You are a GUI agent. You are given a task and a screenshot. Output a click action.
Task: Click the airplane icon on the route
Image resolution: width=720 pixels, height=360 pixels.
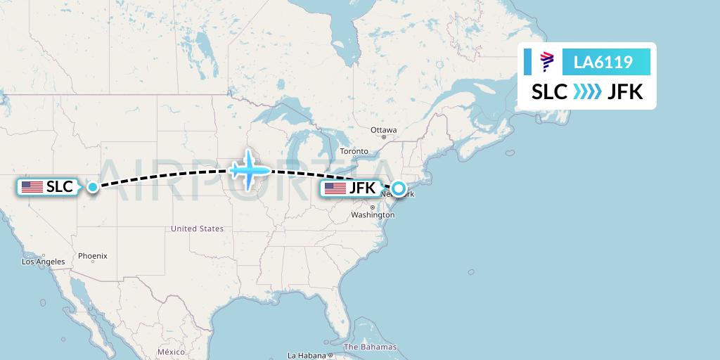[x=250, y=170]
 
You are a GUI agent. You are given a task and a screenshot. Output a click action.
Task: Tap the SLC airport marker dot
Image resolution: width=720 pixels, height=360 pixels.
[x=93, y=187]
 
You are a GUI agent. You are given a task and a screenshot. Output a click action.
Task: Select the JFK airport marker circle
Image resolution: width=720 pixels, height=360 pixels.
[x=399, y=188]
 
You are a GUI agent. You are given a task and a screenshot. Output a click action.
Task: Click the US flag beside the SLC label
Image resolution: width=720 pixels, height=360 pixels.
[x=32, y=187]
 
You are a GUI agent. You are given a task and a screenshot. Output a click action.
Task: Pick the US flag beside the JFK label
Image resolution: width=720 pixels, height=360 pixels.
[x=335, y=188]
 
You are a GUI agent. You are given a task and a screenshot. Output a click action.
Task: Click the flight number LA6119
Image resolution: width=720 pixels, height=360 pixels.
[x=604, y=63]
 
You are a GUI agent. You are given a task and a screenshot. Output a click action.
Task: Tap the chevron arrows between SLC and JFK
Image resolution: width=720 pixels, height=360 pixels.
[x=587, y=92]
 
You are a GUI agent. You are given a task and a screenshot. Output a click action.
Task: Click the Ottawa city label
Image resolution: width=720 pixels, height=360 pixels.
[x=384, y=130]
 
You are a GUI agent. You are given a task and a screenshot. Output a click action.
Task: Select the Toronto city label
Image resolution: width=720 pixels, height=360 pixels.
[x=354, y=151]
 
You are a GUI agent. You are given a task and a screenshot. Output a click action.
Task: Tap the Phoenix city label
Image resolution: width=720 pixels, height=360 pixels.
[x=92, y=257]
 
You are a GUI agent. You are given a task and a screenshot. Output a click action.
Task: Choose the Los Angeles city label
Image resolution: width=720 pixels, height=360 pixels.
[x=43, y=262]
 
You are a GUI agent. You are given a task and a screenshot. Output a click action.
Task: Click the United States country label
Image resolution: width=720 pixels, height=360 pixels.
[x=197, y=229]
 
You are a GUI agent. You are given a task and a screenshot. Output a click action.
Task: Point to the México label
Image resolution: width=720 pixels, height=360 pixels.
[x=170, y=352]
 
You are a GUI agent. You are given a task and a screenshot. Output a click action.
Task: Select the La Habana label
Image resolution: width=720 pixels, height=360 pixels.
[x=307, y=355]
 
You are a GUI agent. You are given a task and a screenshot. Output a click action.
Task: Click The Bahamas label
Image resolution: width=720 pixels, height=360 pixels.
[x=370, y=347]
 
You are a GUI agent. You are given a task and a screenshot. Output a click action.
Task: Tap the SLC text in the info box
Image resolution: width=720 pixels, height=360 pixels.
[x=549, y=92]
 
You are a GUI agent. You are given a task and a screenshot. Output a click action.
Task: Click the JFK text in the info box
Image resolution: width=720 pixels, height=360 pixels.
[x=625, y=92]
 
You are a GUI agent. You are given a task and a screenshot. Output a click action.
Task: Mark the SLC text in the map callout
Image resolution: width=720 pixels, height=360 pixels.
[x=60, y=187]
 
